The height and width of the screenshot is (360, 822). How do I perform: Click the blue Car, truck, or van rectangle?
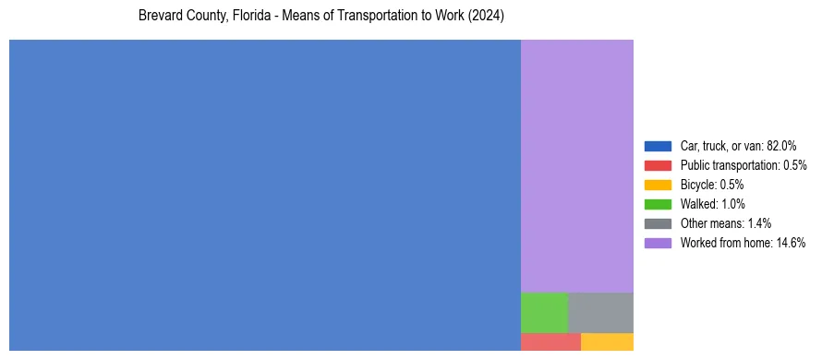coord(265,195)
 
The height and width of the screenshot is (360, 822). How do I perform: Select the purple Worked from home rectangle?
coord(577,166)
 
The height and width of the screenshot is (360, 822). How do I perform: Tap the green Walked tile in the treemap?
coord(544,312)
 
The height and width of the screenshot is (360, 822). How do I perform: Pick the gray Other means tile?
coord(600,312)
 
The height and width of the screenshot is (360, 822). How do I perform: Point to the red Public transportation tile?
coord(550,342)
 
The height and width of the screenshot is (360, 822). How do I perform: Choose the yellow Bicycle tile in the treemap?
coord(607,342)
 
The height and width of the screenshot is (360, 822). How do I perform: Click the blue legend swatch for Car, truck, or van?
coord(658,146)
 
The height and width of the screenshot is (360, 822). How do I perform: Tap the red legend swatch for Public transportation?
coord(658,165)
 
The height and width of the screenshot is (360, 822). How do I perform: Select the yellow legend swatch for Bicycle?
coord(658,185)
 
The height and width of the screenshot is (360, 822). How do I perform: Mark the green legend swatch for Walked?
coord(658,204)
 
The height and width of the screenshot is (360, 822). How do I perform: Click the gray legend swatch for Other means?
coord(658,223)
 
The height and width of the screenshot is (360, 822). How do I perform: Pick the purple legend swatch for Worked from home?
coord(658,243)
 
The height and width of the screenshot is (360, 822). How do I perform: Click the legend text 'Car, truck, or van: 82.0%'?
coord(738,146)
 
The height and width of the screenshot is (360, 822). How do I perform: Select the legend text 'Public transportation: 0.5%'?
coord(743,165)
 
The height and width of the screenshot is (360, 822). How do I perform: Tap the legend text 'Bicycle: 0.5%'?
coord(711,185)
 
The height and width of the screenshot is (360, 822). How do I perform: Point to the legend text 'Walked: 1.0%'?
coord(712,204)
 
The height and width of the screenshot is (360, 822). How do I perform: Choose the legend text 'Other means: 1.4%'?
coord(725,223)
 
